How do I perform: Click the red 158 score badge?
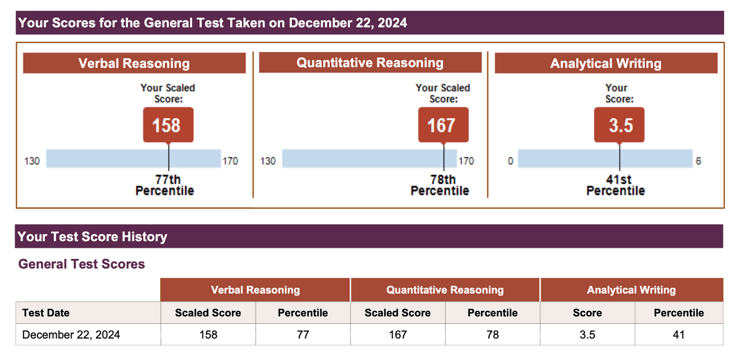coord(168,125)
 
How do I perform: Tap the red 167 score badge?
coord(443,125)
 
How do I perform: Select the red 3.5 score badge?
coord(619,125)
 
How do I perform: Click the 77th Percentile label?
coord(165,185)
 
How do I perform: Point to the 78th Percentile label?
coord(440,185)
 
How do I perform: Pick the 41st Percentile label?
coord(616,185)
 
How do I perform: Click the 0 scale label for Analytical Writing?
coord(510,161)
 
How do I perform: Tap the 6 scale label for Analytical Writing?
coord(698,161)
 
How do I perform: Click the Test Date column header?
coord(46,313)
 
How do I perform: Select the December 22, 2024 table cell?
coord(71,335)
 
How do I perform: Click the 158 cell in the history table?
coord(208,335)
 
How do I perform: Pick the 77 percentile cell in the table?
coord(303,335)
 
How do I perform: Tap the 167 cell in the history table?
coord(398,335)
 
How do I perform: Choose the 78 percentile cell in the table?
coord(493,335)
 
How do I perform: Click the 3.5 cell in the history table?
coord(587,335)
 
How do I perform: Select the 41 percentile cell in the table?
coord(679,335)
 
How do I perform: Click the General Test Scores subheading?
coord(82,264)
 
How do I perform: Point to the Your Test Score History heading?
coord(92,236)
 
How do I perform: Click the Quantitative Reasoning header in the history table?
coord(445,290)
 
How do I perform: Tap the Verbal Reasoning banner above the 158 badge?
coord(134,63)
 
